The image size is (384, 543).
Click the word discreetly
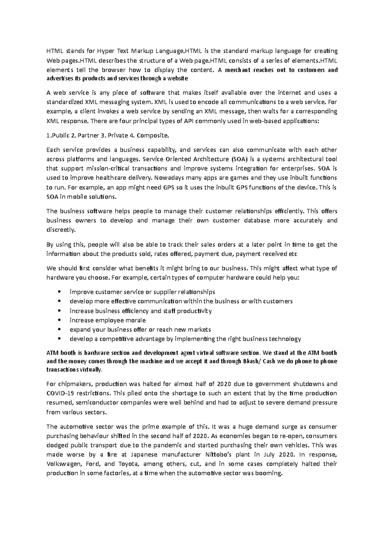pos(61,230)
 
